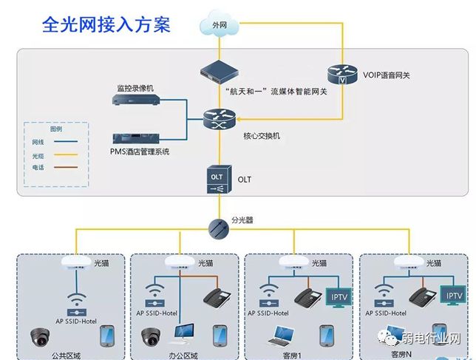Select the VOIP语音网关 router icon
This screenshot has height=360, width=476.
pyautogui.click(x=341, y=75)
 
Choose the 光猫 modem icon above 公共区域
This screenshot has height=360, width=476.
pyautogui.click(x=73, y=262)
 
